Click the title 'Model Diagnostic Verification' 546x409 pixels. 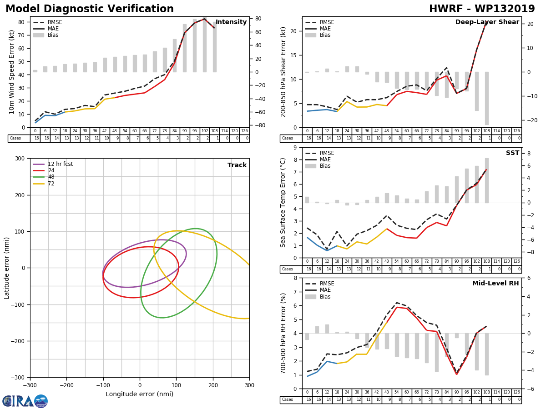[x=90, y=9]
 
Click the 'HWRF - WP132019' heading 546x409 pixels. [x=482, y=9]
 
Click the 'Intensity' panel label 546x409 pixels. [x=231, y=22]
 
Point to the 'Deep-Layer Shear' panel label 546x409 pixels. [x=487, y=22]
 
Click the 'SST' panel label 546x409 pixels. [x=512, y=153]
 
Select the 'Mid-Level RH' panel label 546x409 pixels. [x=495, y=284]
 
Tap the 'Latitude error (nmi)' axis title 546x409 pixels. [x=7, y=268]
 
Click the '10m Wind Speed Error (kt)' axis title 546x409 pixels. [x=12, y=72]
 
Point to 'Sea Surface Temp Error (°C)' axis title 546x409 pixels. [x=283, y=202]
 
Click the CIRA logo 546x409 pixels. [x=25, y=401]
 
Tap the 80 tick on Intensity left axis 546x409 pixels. [x=21, y=22]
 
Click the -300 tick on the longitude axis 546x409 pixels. [x=30, y=384]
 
